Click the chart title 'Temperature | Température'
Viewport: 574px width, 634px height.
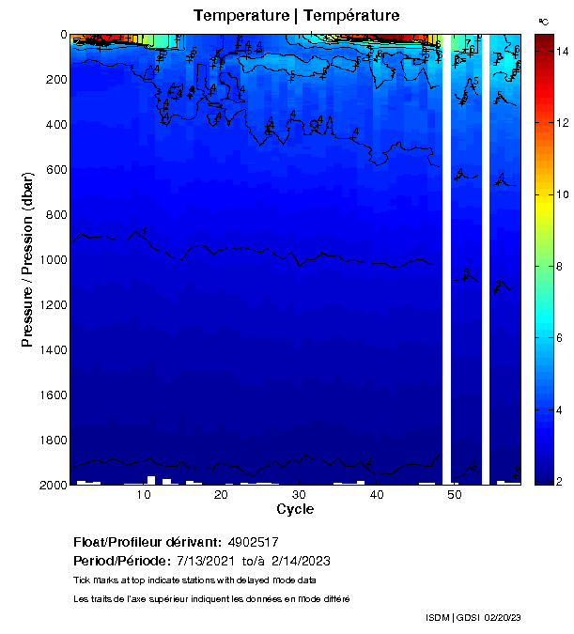coord(296,16)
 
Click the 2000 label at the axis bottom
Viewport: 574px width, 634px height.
coord(53,485)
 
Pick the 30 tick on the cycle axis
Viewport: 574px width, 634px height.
coord(299,495)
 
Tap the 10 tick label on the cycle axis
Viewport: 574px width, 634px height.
coord(145,495)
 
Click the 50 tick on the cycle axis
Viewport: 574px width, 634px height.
coord(453,495)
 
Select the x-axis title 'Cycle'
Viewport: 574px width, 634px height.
coord(295,509)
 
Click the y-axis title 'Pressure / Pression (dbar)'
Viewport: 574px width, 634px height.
coord(27,259)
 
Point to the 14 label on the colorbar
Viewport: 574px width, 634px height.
coord(561,52)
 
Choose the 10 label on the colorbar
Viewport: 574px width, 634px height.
coord(561,195)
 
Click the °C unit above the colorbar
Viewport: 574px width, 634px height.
coord(543,21)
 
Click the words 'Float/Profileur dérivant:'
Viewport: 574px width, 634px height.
coord(145,542)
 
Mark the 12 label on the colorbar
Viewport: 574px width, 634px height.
coord(561,123)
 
